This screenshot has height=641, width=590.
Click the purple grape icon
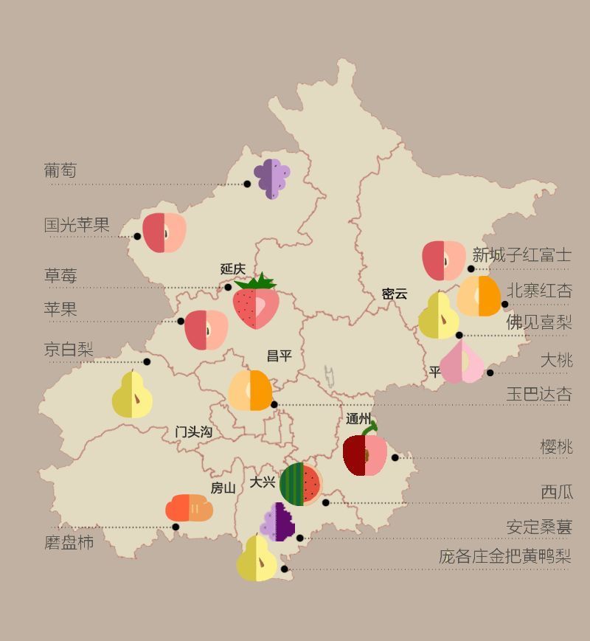[x=271, y=179]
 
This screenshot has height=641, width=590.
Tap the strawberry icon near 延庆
[x=256, y=305]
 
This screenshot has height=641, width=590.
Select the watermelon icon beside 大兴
[x=301, y=485]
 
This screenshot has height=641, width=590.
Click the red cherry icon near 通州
[x=365, y=454]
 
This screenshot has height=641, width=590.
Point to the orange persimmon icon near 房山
[x=189, y=508]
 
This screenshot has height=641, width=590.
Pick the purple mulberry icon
[x=278, y=522]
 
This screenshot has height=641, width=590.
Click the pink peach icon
[x=462, y=363]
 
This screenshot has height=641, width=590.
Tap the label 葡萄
[x=60, y=171]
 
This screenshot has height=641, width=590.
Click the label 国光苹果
[x=77, y=225]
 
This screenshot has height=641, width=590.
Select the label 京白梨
[x=69, y=349]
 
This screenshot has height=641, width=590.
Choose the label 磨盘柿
[x=69, y=543]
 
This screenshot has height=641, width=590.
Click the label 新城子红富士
[x=521, y=255]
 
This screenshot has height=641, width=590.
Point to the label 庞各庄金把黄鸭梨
[x=504, y=556]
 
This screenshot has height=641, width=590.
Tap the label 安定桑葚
[x=538, y=527]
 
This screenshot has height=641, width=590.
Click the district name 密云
[x=395, y=294]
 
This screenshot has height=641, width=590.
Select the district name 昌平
[x=279, y=356]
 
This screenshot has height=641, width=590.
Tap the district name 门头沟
[x=193, y=432]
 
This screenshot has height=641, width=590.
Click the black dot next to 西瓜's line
[x=326, y=502]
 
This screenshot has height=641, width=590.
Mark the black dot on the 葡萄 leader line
[x=247, y=184]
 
